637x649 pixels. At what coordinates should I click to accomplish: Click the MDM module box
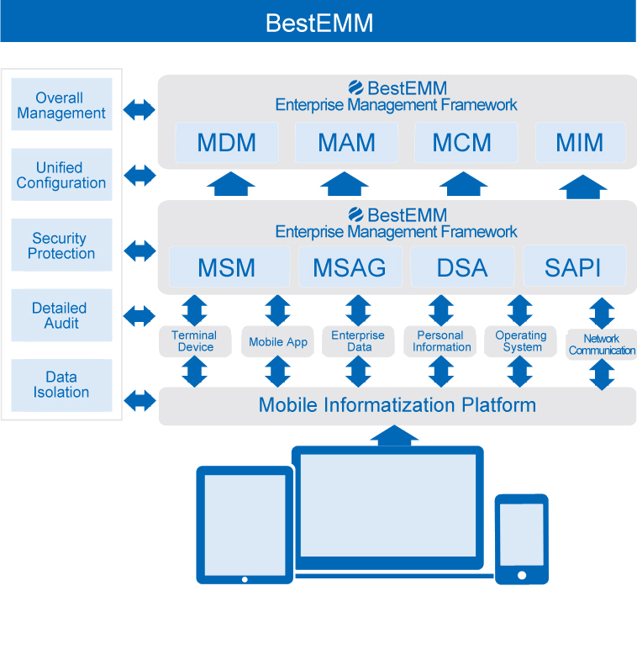click(227, 143)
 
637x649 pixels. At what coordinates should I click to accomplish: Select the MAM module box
click(346, 143)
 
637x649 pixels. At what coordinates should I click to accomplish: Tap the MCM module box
click(462, 143)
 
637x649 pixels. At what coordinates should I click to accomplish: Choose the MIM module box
click(580, 143)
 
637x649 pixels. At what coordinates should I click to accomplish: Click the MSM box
click(227, 267)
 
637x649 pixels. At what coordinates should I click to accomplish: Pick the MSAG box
click(350, 267)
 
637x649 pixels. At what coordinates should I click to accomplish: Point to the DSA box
click(462, 267)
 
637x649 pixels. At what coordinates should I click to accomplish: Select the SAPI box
click(573, 267)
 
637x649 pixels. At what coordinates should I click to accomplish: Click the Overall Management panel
click(61, 105)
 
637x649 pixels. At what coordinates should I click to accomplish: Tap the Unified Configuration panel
click(61, 175)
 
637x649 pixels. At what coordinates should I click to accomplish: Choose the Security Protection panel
click(61, 245)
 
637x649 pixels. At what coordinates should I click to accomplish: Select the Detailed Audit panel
click(61, 315)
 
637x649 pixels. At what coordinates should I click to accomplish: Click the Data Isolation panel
click(61, 385)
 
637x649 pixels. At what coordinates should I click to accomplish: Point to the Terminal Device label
click(194, 341)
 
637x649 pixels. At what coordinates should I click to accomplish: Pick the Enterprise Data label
click(359, 341)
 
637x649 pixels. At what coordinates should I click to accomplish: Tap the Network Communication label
click(602, 345)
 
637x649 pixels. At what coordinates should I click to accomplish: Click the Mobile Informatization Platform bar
click(397, 405)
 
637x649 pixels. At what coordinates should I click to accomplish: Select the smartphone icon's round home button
click(521, 575)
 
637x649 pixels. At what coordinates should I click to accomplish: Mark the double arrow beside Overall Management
click(140, 109)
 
